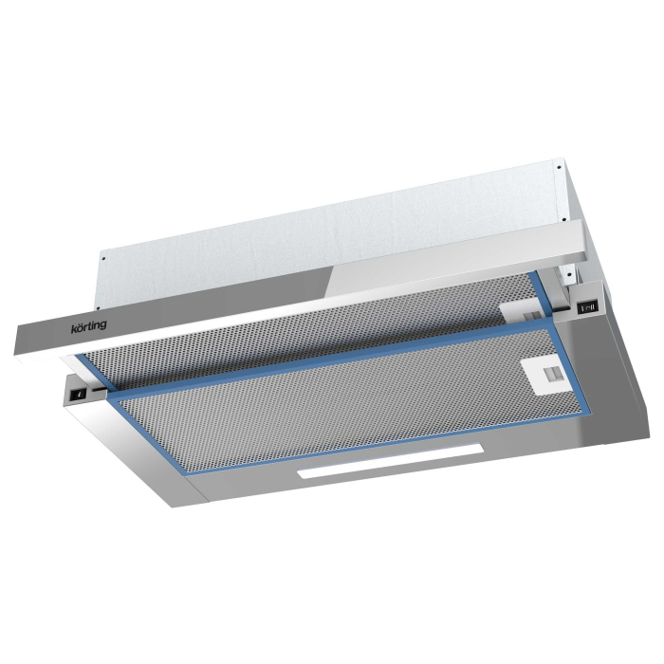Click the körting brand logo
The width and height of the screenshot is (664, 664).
pyautogui.click(x=88, y=326)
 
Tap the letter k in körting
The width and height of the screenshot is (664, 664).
pyautogui.click(x=73, y=329)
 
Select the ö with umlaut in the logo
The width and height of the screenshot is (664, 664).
pyautogui.click(x=79, y=328)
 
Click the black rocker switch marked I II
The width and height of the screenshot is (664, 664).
pyautogui.click(x=588, y=307)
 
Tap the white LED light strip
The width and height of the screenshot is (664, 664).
pyautogui.click(x=391, y=461)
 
